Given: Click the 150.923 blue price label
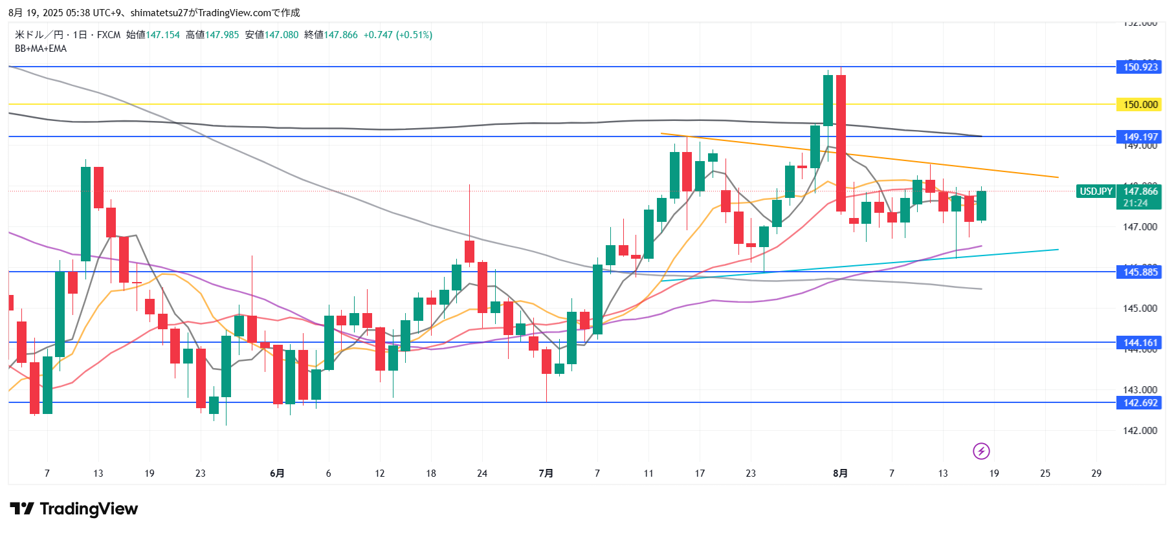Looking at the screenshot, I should (x=1140, y=67).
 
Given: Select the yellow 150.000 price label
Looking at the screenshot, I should (x=1140, y=104).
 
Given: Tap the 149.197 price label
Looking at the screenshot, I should (x=1140, y=136).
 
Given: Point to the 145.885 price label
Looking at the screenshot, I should (x=1140, y=272).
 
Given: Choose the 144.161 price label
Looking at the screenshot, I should (x=1140, y=343).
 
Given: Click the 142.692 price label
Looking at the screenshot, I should (x=1140, y=402).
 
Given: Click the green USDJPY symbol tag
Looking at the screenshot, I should (x=1096, y=191).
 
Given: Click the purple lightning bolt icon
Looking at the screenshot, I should (x=981, y=451).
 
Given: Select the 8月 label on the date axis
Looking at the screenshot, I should (x=840, y=473).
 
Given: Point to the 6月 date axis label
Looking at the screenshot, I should (x=277, y=473).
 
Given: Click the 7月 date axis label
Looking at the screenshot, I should (x=546, y=473).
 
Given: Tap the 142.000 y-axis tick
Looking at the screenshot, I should (x=1140, y=431).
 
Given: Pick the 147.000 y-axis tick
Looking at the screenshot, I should (x=1140, y=227).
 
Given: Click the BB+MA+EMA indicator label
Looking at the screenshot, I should (x=41, y=49).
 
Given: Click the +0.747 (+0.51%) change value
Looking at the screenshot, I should (x=397, y=35).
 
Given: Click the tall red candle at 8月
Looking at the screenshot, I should (x=841, y=142).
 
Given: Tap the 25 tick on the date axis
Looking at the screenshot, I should (x=1045, y=473).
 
